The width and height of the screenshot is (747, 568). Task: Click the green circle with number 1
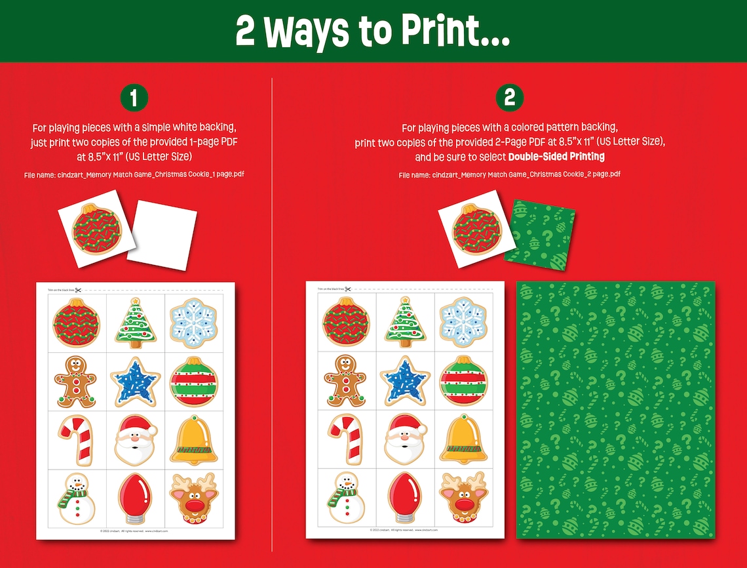[134, 98]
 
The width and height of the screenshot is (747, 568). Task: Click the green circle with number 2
[509, 98]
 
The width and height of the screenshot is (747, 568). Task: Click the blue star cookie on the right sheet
[406, 381]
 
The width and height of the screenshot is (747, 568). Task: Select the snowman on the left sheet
[75, 498]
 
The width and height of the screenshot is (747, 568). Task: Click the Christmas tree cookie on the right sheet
[405, 323]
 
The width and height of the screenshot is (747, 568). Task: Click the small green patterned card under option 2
[540, 232]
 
